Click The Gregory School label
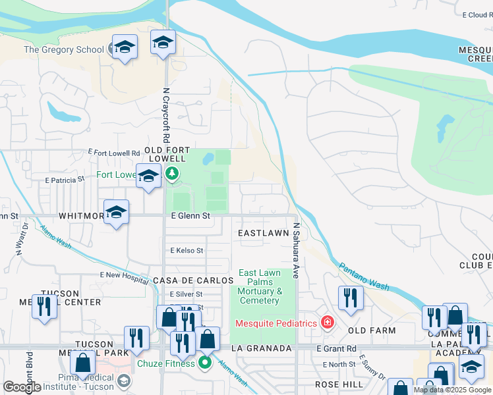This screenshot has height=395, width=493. point(64,49)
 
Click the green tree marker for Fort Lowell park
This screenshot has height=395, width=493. point(172,174)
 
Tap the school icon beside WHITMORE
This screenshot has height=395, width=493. point(117,212)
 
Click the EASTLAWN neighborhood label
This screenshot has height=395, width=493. point(263,233)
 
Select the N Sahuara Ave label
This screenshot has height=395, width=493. point(297,250)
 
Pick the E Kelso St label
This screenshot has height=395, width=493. point(187,251)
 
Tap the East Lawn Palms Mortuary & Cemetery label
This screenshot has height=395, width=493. point(260,286)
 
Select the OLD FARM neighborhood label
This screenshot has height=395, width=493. point(372,330)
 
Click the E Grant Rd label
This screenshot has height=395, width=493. point(336,348)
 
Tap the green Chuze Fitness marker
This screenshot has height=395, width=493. point(205,363)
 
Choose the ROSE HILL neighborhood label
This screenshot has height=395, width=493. point(338,384)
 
